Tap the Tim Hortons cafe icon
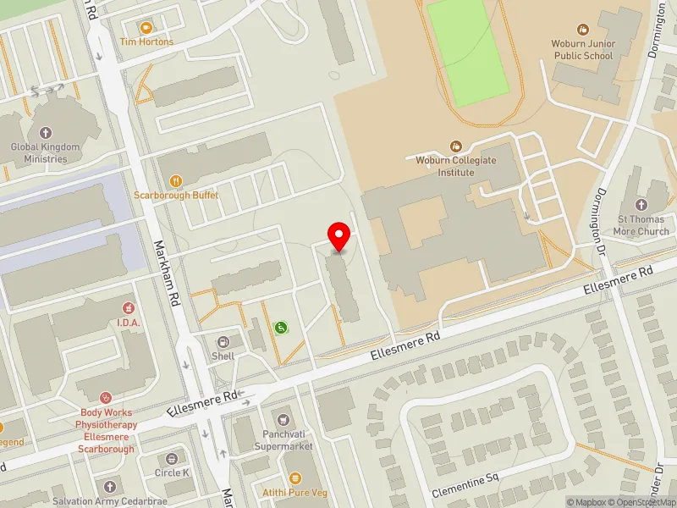(146, 28)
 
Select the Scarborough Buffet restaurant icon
(176, 180)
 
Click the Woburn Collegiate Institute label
(455, 166)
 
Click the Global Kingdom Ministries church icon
(46, 133)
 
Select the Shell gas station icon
(223, 342)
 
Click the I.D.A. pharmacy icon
(129, 308)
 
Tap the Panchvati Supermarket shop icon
(284, 419)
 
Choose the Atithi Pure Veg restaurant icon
(295, 479)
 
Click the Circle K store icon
(173, 458)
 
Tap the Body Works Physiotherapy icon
(106, 397)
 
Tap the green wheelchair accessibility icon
(280, 327)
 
